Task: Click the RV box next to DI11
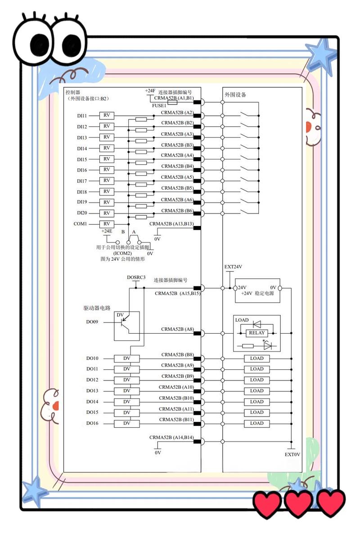point(107,115)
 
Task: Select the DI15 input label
point(82,159)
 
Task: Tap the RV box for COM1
point(107,224)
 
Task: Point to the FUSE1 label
point(159,106)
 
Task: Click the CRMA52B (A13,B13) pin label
point(171,224)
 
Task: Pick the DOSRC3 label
point(136,277)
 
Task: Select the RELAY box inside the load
point(256,333)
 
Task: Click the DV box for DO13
point(127,391)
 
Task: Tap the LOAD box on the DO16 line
point(257,423)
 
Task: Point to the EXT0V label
point(292,455)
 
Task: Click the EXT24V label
point(233,267)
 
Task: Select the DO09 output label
point(92,322)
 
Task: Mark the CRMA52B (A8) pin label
point(177,329)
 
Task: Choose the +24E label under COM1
point(107,231)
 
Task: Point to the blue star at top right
point(322,56)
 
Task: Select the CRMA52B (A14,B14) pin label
point(171,437)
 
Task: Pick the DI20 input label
point(82,213)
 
